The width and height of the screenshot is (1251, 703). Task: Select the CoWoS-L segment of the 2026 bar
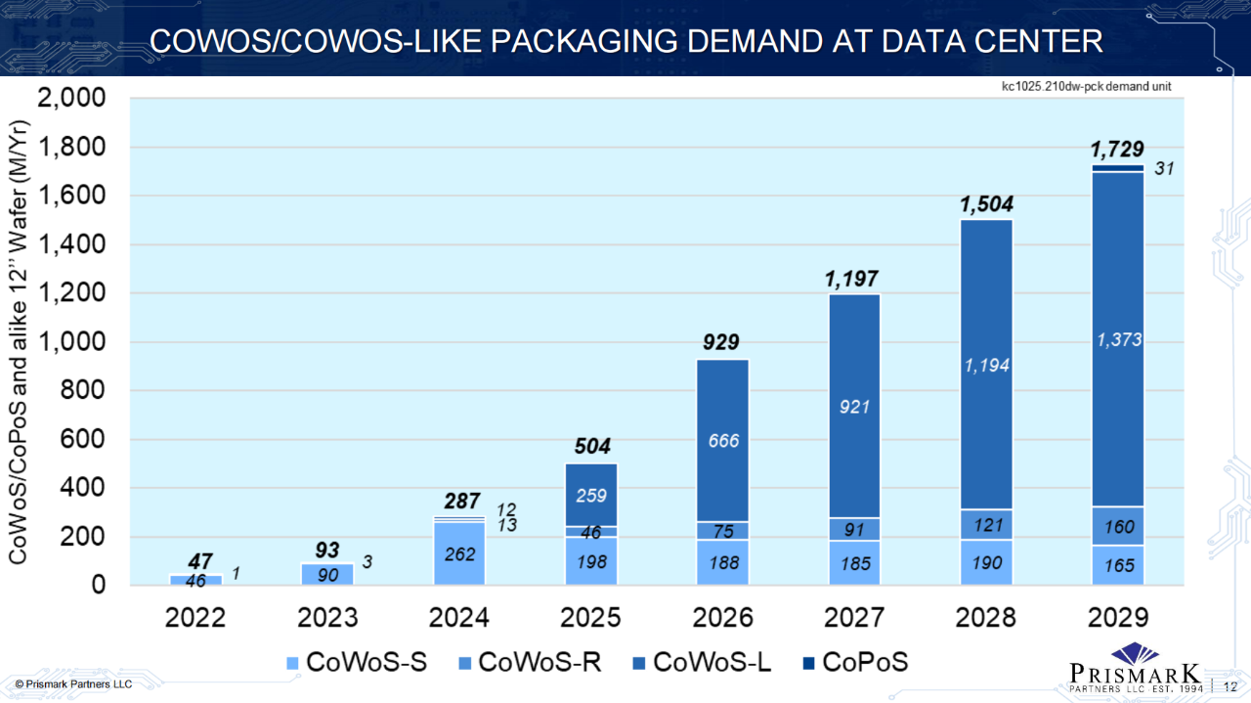pos(722,441)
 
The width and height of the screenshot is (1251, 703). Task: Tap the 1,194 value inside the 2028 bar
pos(987,365)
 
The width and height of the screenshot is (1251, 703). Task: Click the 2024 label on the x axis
pos(457,618)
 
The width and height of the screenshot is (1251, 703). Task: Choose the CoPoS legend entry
pos(853,663)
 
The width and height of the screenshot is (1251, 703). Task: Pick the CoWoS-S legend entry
pos(355,663)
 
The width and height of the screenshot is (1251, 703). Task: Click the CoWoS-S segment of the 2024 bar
pos(459,553)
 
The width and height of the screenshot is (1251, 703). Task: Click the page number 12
pos(1230,685)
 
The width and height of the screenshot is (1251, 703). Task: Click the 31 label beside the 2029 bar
pos(1163,169)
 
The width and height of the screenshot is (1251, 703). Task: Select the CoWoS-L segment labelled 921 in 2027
pos(855,406)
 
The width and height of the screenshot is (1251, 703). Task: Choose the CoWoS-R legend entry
pos(528,663)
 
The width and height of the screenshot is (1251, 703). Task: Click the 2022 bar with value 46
pos(195,580)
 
